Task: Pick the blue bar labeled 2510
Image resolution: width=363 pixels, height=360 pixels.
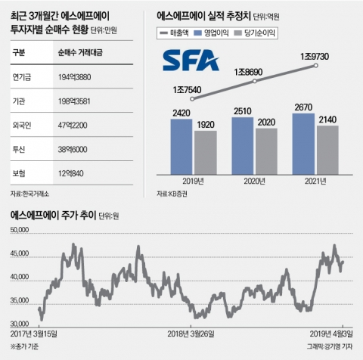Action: coord(242,144)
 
